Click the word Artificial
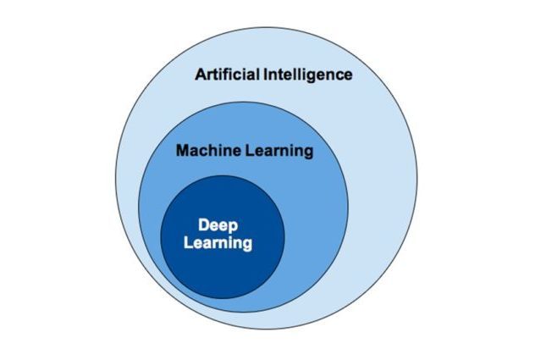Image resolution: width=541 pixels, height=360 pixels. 227,75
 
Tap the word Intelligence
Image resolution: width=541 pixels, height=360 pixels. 308,75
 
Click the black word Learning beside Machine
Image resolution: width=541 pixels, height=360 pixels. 279,152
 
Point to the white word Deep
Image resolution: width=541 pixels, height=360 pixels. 218,226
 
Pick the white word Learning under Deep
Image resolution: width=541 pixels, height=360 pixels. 218,243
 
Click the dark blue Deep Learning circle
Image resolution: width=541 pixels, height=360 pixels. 223,237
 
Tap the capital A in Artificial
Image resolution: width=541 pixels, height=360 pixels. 201,75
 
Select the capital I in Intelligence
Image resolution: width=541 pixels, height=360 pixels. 266,75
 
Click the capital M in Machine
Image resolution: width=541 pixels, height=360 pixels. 183,151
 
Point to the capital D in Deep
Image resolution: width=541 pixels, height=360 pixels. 204,224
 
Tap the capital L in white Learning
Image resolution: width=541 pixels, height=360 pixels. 188,241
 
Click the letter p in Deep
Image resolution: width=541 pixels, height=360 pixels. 234,228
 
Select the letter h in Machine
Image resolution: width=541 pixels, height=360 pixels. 214,151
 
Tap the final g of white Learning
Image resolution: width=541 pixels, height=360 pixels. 248,245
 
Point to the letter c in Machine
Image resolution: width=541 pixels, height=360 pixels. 205,152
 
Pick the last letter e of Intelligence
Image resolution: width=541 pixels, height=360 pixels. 348,76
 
